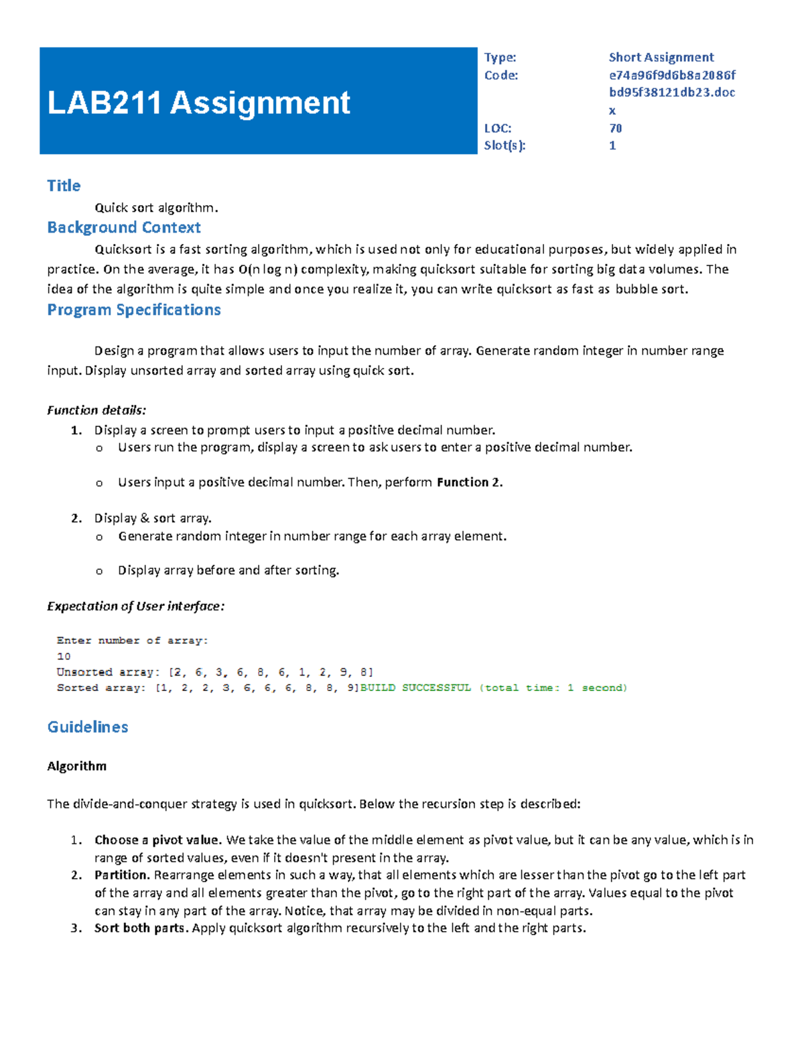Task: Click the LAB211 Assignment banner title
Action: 198,103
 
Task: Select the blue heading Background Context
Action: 124,227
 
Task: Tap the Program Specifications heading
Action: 134,310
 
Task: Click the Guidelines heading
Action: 88,727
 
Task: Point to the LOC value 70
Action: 615,128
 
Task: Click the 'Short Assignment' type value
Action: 661,57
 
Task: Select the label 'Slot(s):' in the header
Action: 505,145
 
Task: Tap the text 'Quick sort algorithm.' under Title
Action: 156,208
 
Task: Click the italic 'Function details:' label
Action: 96,410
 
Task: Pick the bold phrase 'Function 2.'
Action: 470,482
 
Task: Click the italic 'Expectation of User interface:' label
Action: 135,606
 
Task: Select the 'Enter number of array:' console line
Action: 133,641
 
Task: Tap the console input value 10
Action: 64,656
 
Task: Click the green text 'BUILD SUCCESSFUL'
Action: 415,688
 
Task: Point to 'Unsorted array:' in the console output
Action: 108,672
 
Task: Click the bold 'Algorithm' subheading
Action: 76,766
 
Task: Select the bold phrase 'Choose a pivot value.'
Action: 157,840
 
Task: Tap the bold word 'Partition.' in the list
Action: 122,875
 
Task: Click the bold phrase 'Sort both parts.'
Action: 142,928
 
